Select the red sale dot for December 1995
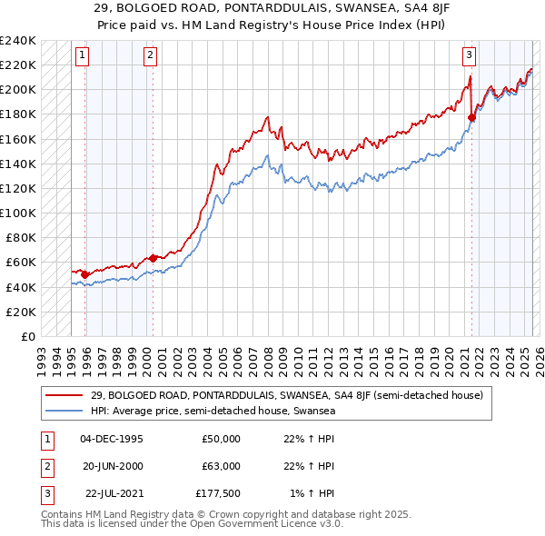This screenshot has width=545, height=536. (x=85, y=273)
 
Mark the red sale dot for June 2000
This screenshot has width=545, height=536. (x=153, y=258)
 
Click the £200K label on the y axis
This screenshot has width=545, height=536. (x=18, y=90)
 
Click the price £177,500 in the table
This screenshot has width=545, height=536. (x=218, y=493)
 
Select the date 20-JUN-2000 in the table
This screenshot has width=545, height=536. (x=111, y=466)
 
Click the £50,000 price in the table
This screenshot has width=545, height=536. (x=221, y=439)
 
